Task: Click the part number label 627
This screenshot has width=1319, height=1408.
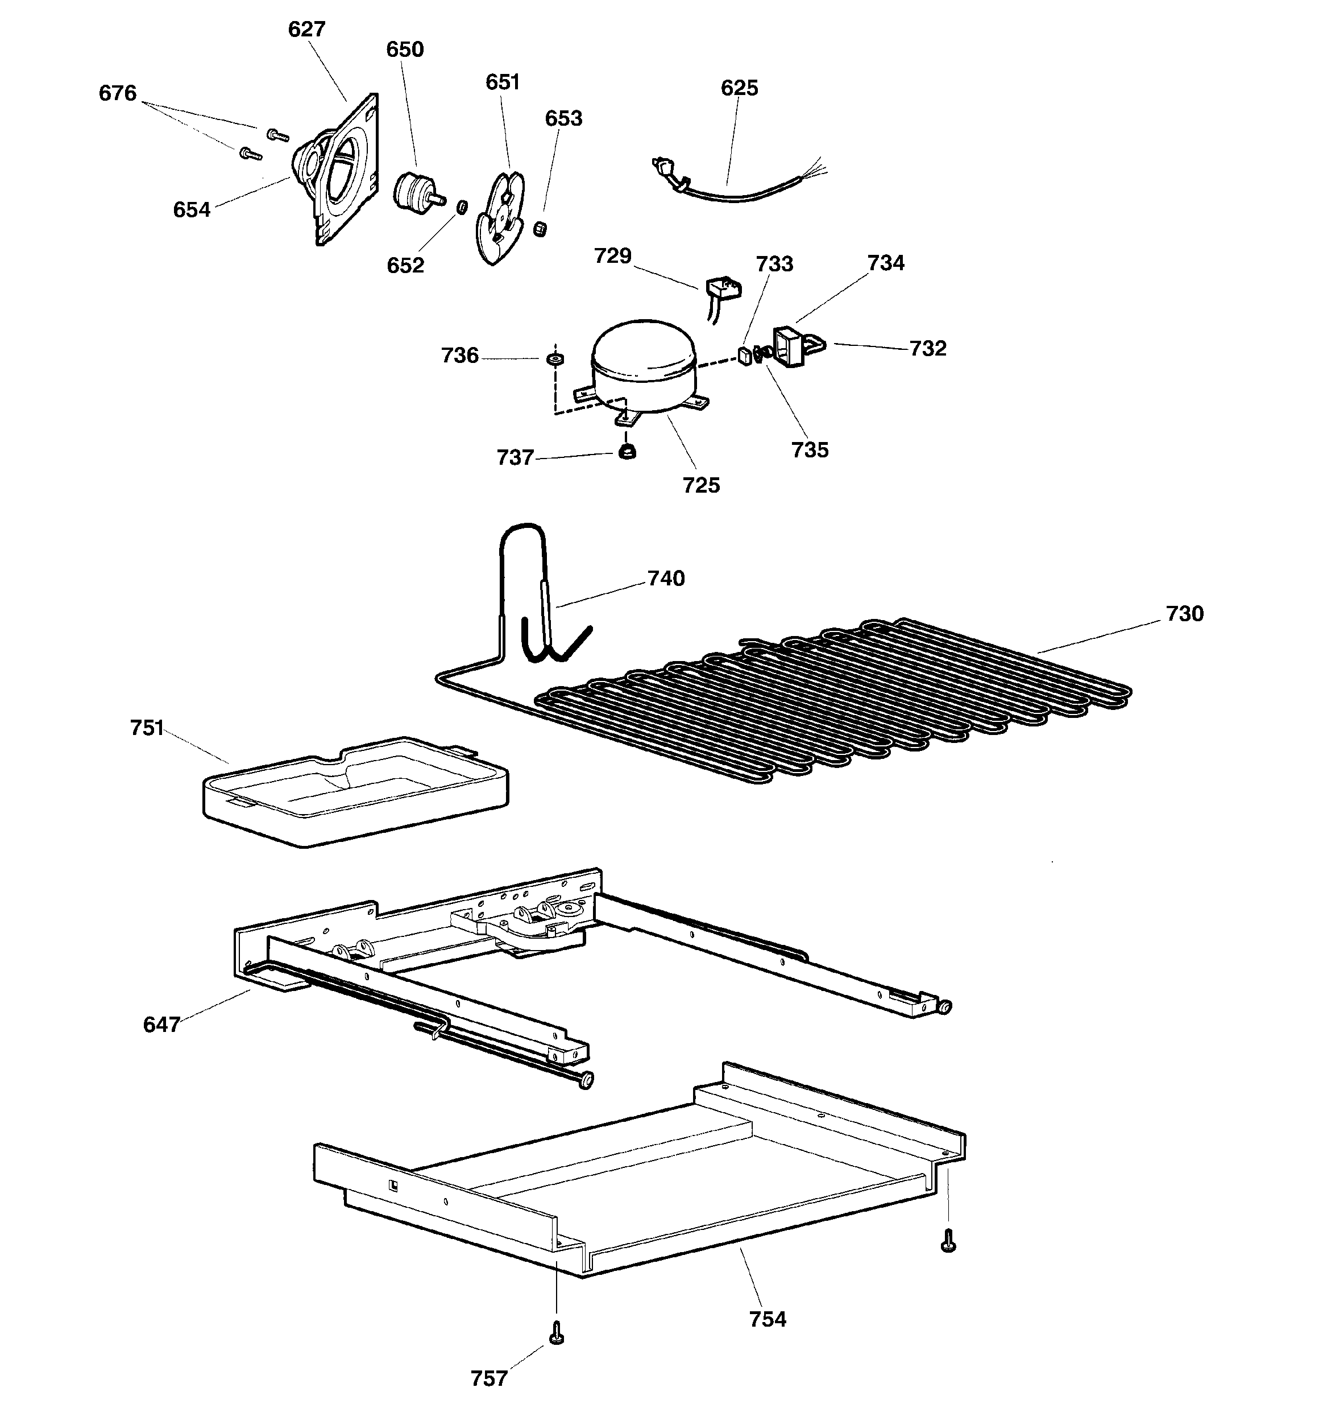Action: click(x=306, y=29)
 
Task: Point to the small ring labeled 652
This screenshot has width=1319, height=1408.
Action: click(x=462, y=207)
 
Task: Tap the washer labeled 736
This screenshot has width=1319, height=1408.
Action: click(x=556, y=358)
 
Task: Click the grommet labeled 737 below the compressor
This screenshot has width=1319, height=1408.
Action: click(x=626, y=451)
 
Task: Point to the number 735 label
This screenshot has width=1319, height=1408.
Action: click(x=810, y=450)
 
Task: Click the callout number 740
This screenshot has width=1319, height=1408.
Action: click(x=666, y=579)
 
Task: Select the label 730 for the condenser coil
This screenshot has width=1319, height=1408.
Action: click(x=1184, y=613)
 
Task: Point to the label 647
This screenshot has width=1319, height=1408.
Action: click(x=161, y=1024)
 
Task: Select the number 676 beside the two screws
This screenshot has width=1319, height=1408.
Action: click(x=118, y=93)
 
